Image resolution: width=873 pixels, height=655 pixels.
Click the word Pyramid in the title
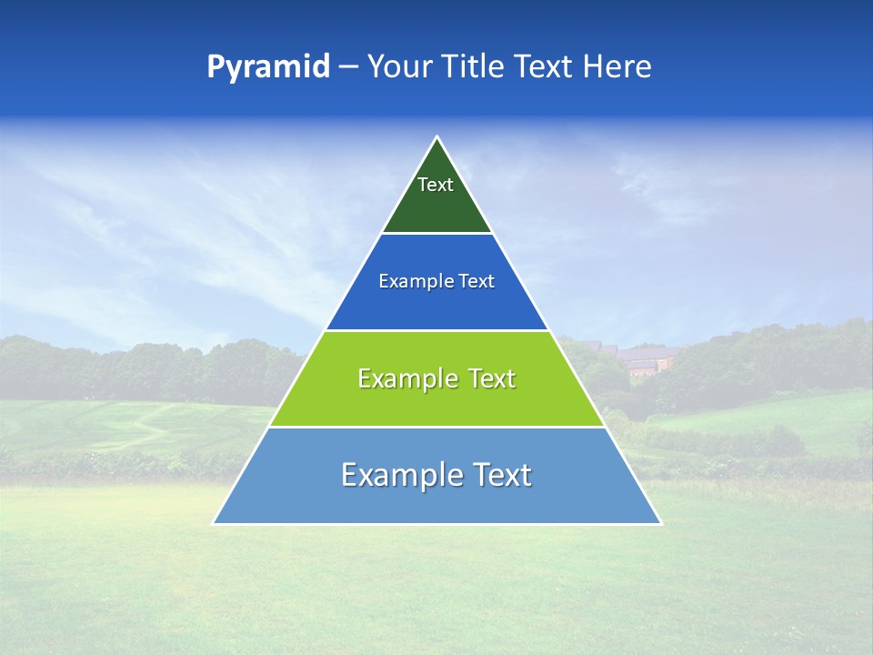tap(268, 67)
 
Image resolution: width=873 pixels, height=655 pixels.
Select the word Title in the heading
tap(474, 67)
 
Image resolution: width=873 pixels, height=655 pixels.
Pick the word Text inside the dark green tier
tap(436, 185)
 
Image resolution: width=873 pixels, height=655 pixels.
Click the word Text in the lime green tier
tap(492, 378)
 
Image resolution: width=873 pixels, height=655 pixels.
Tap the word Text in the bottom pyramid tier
tap(502, 475)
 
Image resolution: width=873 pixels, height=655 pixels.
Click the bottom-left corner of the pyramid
tap(214, 523)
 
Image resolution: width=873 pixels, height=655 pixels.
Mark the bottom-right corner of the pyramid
tap(660, 523)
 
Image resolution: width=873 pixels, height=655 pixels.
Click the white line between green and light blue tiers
tap(436, 427)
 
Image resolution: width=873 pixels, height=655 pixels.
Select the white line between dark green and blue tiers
tap(436, 233)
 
